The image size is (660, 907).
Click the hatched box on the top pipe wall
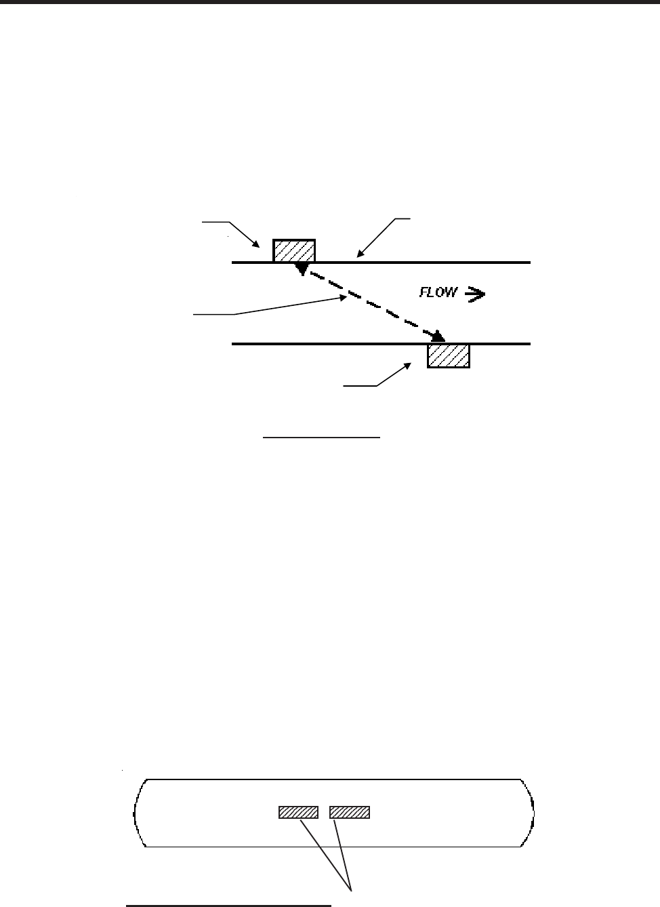pos(294,250)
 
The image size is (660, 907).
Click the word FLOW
pos(438,293)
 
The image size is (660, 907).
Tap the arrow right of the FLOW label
pos(475,294)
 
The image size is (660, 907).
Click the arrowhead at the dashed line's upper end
pos(302,270)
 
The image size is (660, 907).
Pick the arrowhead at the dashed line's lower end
pos(440,336)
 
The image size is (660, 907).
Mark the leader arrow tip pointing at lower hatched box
pos(412,364)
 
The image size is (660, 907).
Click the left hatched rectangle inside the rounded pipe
pos(298,812)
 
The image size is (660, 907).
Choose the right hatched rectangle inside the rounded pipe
pos(350,812)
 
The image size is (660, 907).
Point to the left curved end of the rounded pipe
pos(138,813)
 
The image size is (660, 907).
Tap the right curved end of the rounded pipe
pos(532,813)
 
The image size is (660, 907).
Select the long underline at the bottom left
pos(228,904)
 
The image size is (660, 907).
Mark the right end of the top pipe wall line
pos(529,262)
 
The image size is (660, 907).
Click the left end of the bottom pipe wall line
pos(233,344)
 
